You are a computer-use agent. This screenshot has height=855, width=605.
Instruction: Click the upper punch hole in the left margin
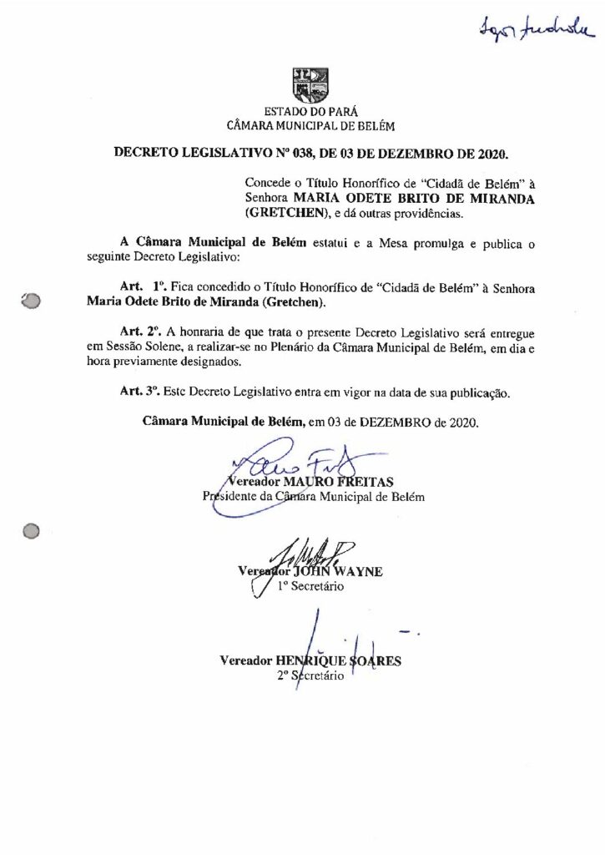coord(32,302)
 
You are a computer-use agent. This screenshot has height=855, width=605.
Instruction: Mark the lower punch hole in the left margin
coord(32,530)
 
